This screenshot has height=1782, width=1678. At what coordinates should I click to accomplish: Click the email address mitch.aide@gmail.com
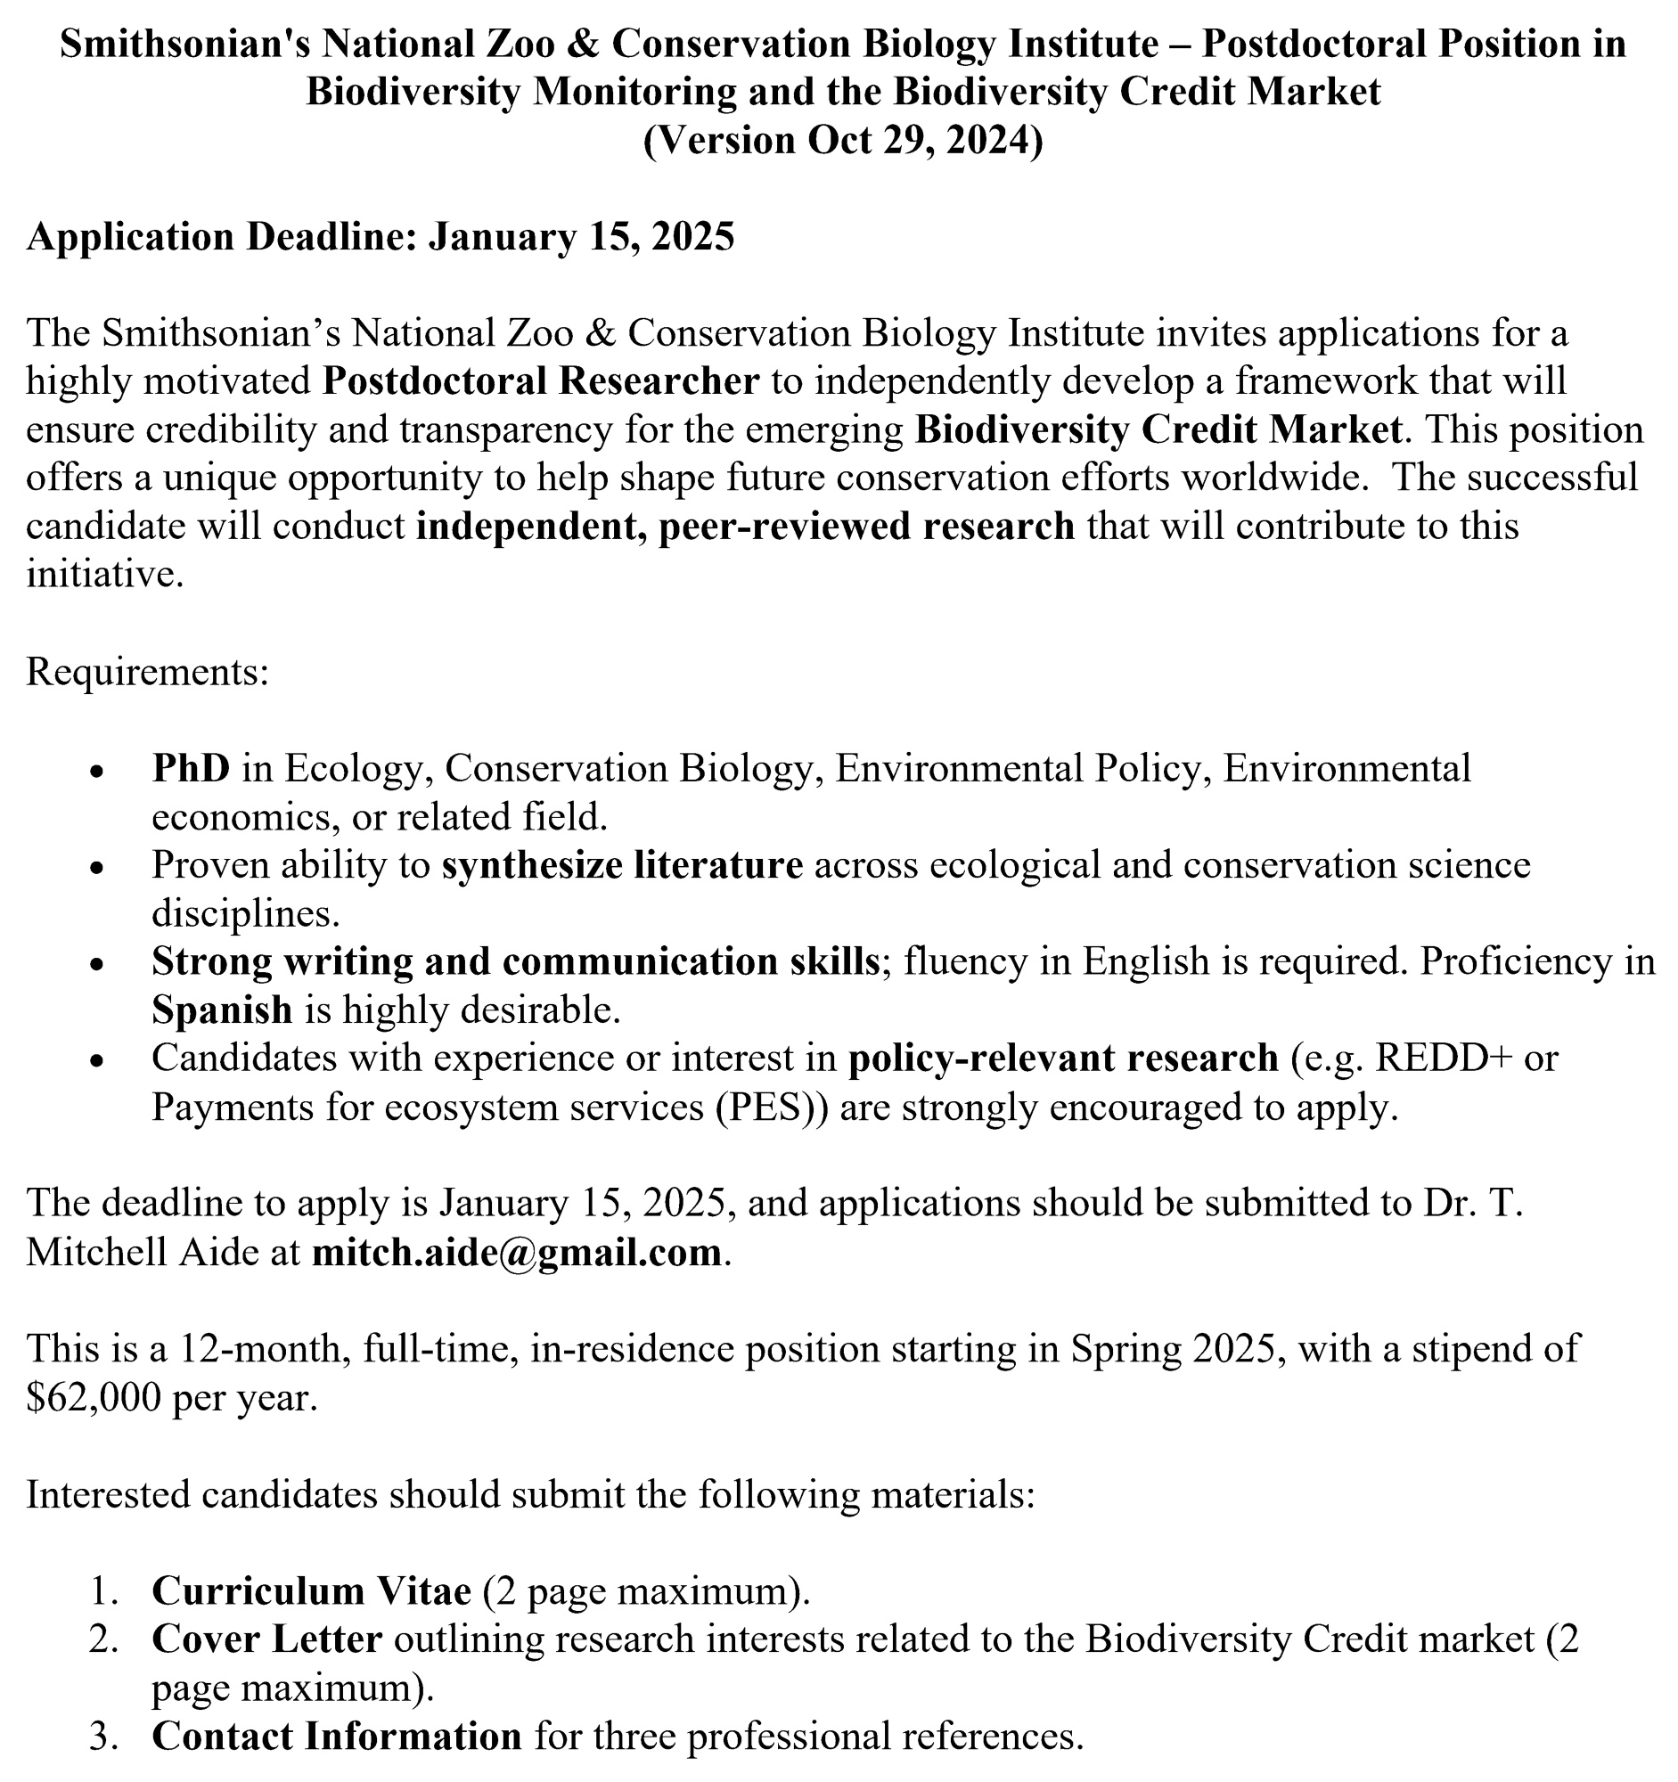click(516, 1251)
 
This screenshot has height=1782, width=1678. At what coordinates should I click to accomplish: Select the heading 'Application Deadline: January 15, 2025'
click(380, 237)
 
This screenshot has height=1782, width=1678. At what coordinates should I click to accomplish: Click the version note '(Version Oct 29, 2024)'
click(843, 141)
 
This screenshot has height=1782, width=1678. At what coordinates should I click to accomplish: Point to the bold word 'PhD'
click(191, 768)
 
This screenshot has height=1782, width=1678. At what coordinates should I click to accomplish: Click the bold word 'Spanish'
click(221, 1010)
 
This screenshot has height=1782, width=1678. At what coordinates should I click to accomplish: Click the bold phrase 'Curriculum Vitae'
click(311, 1591)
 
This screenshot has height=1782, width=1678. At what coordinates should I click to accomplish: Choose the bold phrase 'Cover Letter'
click(267, 1639)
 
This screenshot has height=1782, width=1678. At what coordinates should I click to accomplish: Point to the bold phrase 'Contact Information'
click(336, 1737)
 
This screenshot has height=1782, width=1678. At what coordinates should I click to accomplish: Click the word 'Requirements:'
click(147, 672)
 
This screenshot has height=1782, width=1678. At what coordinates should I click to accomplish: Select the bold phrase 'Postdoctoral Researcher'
click(541, 381)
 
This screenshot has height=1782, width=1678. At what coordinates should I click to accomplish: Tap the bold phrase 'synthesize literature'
click(622, 865)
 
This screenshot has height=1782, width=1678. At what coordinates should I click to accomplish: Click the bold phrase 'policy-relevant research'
click(1063, 1059)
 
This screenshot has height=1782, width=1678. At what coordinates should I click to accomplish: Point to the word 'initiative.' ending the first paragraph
click(105, 575)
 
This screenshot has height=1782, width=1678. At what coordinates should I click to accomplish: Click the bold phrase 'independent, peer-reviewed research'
click(745, 527)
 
